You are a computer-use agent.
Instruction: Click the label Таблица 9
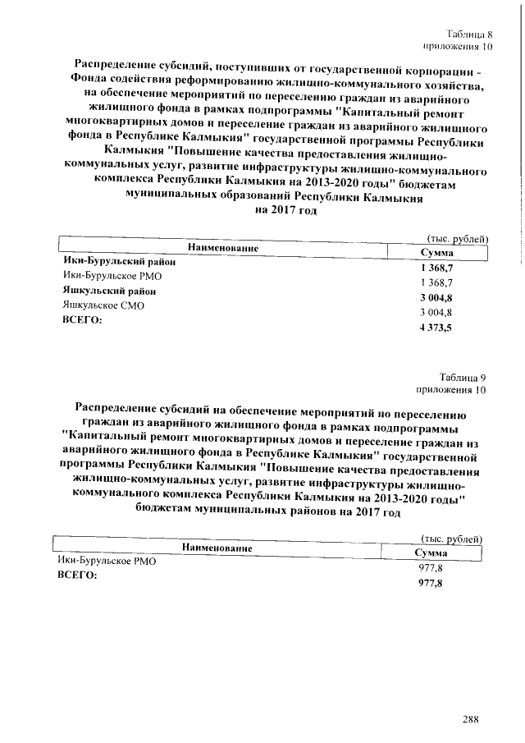coord(463,378)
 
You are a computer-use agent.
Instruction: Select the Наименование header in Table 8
coord(223,247)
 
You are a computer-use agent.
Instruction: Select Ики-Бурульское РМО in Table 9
coord(106,562)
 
